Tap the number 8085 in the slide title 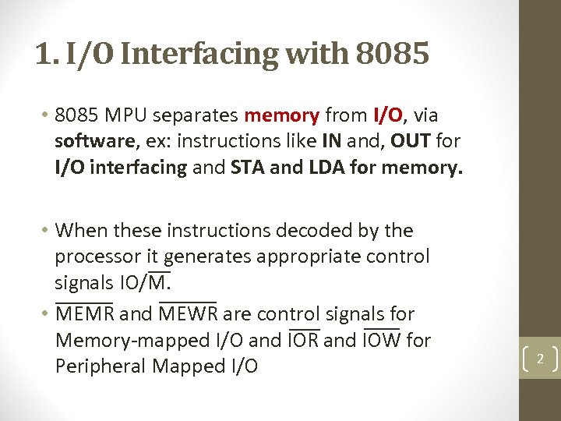pyautogui.click(x=392, y=54)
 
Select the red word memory pyautogui.click(x=281, y=116)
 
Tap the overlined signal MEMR pyautogui.click(x=85, y=314)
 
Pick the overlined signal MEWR pyautogui.click(x=187, y=314)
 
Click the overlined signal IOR pyautogui.click(x=303, y=341)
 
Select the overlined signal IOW pyautogui.click(x=382, y=341)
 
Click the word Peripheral pyautogui.click(x=101, y=366)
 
